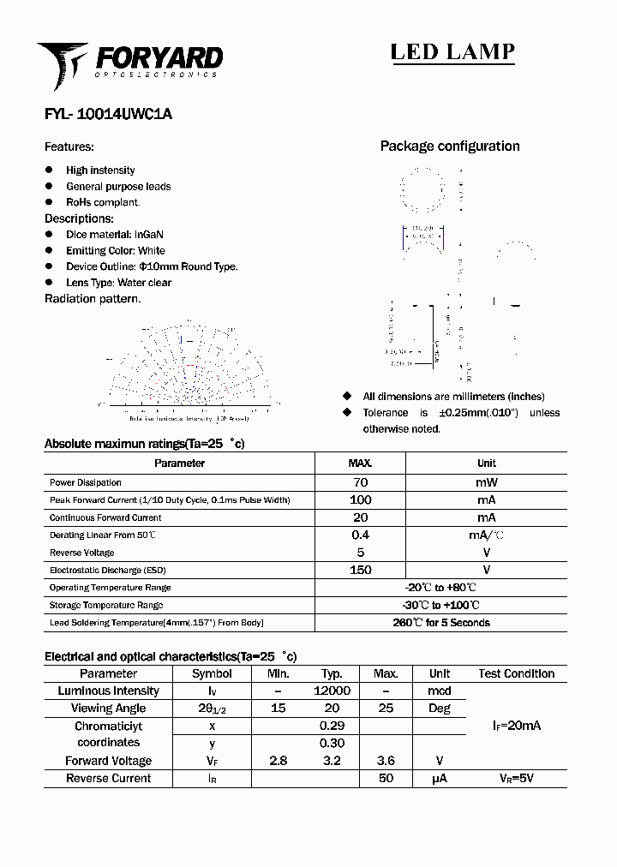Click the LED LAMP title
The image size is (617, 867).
point(452,51)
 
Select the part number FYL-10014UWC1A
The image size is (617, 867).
point(108,114)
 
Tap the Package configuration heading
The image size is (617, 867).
point(450,146)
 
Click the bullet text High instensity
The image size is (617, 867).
point(100,170)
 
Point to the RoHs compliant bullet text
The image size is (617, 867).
point(103,202)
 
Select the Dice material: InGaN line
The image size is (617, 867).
point(115,235)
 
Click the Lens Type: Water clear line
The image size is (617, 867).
point(118,283)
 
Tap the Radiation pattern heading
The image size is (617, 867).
point(93,299)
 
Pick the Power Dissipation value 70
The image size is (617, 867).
point(360,482)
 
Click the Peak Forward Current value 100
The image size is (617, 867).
point(360,499)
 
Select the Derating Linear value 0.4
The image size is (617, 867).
point(360,535)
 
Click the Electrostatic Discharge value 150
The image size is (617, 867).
point(360,570)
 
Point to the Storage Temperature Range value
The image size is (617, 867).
point(440,605)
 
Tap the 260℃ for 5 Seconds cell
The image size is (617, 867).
point(440,623)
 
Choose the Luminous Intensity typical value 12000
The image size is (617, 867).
point(332,691)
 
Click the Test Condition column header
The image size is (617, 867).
point(516,673)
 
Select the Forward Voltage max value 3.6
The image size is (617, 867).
point(386,761)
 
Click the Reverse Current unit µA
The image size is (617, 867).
point(439,779)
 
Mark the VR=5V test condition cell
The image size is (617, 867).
point(516,779)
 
